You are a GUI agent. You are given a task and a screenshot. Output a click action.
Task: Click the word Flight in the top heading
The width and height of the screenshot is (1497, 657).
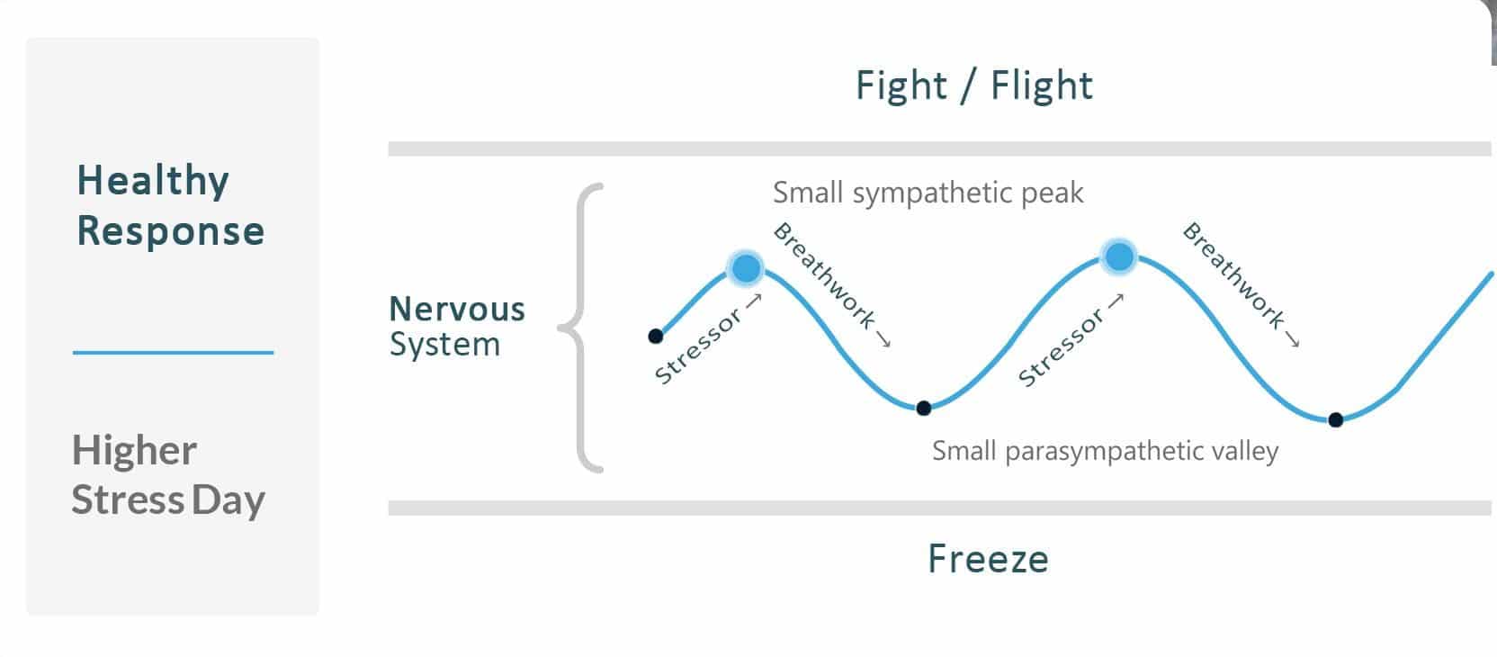tap(1041, 86)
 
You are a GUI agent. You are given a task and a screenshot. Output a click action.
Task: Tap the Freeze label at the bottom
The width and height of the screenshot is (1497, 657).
tap(988, 559)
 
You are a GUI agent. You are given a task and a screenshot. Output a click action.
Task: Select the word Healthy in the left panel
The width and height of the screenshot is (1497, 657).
tap(153, 181)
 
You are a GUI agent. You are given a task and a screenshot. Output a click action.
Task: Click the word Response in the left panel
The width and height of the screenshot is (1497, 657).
tap(171, 232)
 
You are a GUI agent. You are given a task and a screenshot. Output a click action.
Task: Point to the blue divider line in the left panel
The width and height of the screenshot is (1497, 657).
tap(173, 352)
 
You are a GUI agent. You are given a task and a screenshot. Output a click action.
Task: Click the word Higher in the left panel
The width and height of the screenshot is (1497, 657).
tap(134, 451)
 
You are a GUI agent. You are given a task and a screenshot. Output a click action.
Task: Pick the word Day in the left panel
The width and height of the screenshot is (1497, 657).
tap(229, 501)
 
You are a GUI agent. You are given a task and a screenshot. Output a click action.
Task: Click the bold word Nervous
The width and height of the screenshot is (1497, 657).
tap(457, 310)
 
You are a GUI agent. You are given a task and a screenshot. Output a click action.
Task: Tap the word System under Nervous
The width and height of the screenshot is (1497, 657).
tap(444, 345)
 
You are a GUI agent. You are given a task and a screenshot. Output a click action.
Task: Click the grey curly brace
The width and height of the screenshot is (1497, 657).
tap(580, 328)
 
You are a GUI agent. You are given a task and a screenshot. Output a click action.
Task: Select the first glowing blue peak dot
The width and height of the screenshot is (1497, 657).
tap(746, 269)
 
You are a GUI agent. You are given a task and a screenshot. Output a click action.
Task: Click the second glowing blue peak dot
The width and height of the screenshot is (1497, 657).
tap(1119, 256)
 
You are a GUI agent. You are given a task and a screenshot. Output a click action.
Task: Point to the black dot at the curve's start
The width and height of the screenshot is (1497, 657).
tap(656, 336)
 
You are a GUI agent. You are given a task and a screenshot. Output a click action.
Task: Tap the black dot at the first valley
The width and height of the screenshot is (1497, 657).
tap(924, 408)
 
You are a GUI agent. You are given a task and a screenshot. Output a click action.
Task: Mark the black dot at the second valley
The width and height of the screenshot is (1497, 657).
tap(1336, 419)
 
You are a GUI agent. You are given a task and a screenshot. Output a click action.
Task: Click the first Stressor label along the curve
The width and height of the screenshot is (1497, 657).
tap(698, 346)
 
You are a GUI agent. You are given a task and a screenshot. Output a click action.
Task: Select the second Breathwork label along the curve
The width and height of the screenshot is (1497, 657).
tap(1233, 275)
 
